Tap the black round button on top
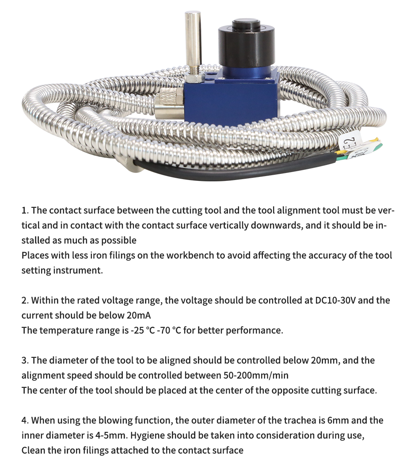tap(246, 24)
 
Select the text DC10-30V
tap(335, 300)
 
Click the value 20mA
tap(139, 315)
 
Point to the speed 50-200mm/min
tap(256, 375)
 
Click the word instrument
tap(78, 270)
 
